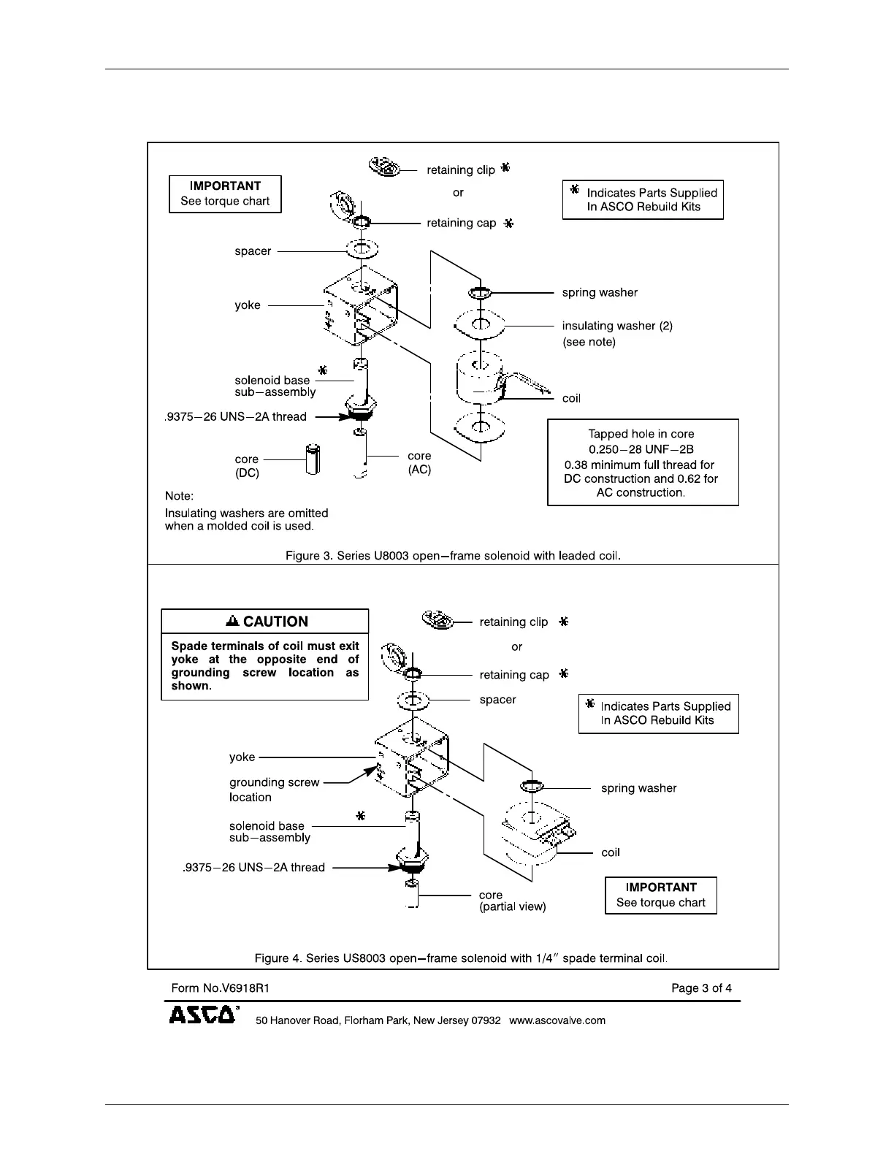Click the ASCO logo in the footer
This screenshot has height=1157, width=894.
click(203, 1015)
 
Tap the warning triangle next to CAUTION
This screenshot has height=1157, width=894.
click(233, 622)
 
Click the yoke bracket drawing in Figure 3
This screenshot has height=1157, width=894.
click(362, 307)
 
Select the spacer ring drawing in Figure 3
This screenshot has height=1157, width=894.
click(362, 250)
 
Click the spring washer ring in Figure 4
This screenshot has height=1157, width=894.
click(531, 787)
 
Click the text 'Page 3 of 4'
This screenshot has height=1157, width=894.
click(701, 988)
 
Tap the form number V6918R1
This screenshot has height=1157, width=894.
click(221, 988)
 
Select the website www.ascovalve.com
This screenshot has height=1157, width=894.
click(557, 1020)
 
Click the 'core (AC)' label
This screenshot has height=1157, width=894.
click(419, 463)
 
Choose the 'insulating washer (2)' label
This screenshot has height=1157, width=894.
click(617, 326)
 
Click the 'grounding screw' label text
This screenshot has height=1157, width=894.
click(275, 782)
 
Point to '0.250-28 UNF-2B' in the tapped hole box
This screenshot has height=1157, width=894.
click(641, 449)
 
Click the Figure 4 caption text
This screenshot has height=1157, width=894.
click(461, 958)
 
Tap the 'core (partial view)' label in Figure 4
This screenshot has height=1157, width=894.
click(512, 901)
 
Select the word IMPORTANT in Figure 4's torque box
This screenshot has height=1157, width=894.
click(661, 887)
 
